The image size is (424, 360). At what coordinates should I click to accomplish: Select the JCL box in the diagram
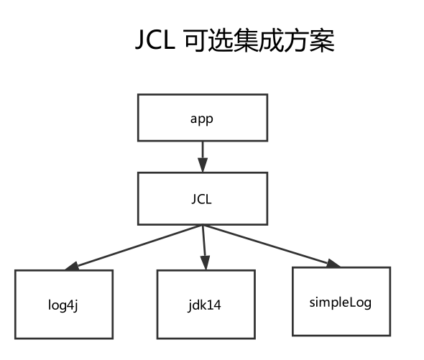pyautogui.click(x=202, y=200)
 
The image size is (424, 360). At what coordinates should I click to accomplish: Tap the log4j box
pyautogui.click(x=64, y=304)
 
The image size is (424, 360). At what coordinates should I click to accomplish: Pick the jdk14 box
pyautogui.click(x=206, y=304)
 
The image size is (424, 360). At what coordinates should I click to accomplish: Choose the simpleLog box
pyautogui.click(x=341, y=302)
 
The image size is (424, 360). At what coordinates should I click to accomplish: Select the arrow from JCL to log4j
pyautogui.click(x=137, y=247)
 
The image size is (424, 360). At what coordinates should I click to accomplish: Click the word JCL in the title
pyautogui.click(x=156, y=41)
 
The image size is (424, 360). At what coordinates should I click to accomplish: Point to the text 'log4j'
pyautogui.click(x=64, y=304)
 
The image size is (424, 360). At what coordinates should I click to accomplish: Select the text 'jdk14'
pyautogui.click(x=206, y=304)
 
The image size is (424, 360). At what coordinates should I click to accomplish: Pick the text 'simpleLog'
pyautogui.click(x=341, y=302)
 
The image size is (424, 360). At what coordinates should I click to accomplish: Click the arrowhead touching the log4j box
pyautogui.click(x=72, y=267)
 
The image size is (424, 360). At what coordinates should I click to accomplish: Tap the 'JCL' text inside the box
pyautogui.click(x=202, y=200)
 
